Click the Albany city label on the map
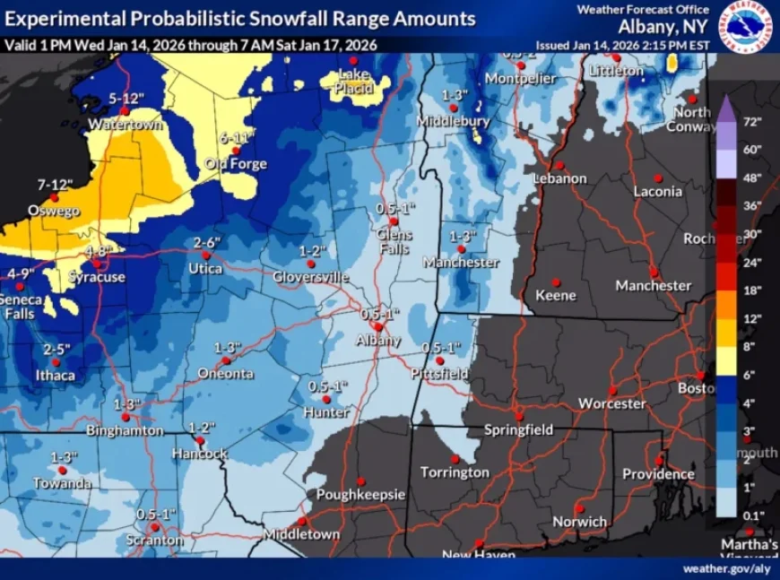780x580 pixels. pos(378,341)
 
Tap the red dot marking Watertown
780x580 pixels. pos(125,111)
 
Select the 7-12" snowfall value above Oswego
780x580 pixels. pos(54,184)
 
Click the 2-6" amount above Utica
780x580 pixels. pos(206,243)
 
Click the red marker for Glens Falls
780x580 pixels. pos(393,221)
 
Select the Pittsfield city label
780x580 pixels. pos(440,373)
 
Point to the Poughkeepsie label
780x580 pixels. pos(360,495)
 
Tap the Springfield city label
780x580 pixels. pos(518,430)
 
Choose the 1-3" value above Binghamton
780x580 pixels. pos(127,404)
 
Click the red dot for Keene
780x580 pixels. pos(555,281)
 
